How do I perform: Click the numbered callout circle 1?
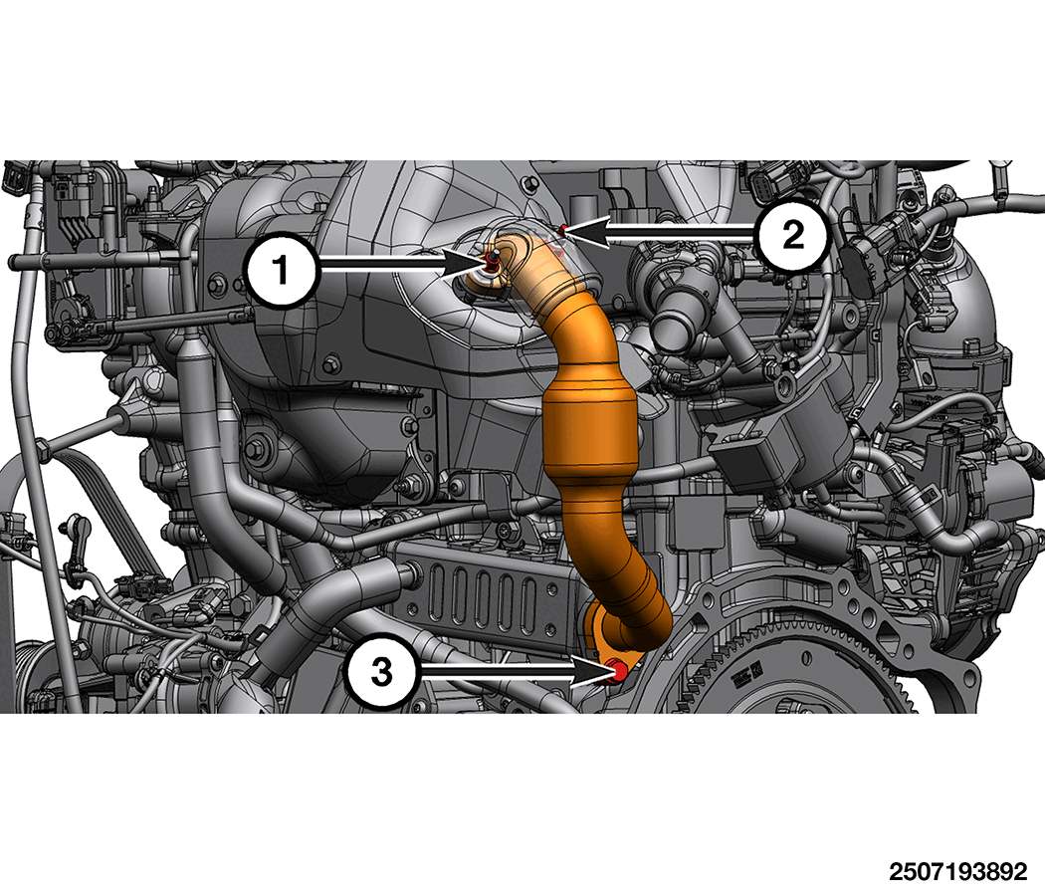coord(282,270)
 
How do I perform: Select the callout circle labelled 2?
coord(792,235)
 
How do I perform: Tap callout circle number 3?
coord(381,671)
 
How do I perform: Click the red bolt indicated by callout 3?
coord(618,671)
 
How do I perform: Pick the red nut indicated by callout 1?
coord(492,263)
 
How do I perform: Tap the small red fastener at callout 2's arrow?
coord(563,230)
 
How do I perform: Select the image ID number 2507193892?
coord(957,871)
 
